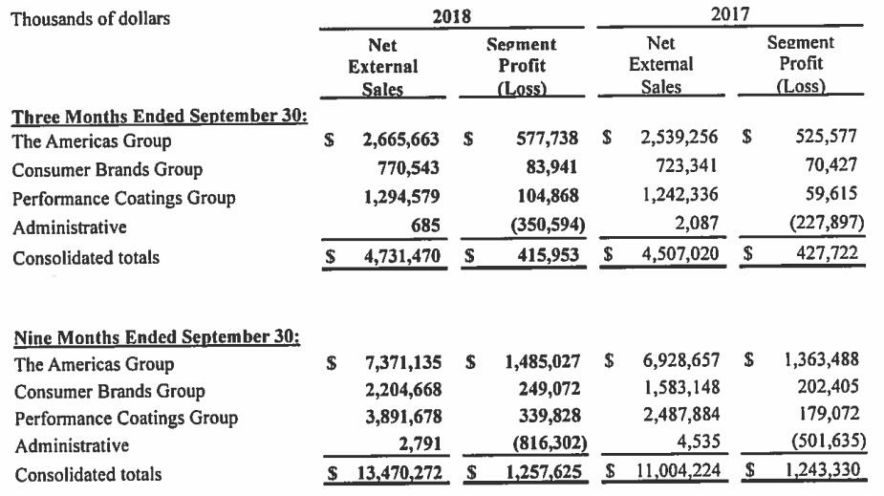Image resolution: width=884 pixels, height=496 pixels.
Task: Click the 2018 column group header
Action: click(x=452, y=16)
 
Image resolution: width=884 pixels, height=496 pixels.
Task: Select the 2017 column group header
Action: click(x=729, y=14)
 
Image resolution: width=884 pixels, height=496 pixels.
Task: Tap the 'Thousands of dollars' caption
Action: click(x=90, y=17)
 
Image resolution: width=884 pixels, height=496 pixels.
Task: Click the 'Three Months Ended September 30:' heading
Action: click(x=159, y=117)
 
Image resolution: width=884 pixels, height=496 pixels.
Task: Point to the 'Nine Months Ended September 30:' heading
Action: click(x=155, y=337)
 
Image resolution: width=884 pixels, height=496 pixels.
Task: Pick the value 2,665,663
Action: click(x=401, y=140)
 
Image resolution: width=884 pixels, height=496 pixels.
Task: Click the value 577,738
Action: click(x=542, y=140)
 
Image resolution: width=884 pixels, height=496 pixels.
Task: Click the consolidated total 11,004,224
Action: click(x=675, y=471)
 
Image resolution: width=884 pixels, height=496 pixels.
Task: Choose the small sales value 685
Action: click(x=423, y=228)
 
